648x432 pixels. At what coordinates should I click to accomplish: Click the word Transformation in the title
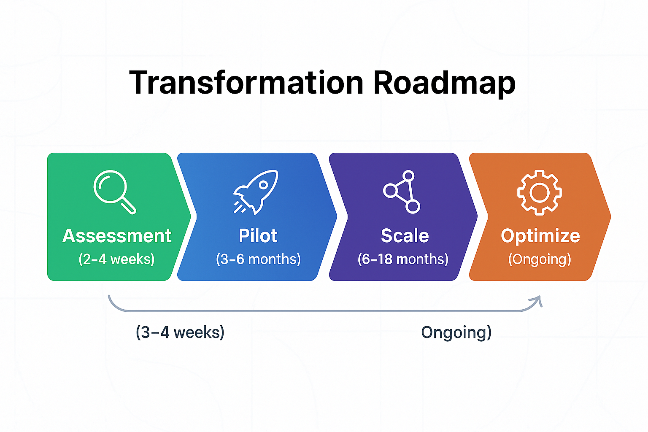tap(246, 83)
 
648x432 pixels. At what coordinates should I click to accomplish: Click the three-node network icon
tap(402, 192)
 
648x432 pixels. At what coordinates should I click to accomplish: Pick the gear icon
tap(539, 192)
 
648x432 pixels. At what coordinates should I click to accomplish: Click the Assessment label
tap(117, 236)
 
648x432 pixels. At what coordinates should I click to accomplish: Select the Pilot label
tap(258, 236)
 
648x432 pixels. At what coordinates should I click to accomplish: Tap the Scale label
tap(405, 236)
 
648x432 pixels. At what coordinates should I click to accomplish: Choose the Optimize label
tap(540, 236)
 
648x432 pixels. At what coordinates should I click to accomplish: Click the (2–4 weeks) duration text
tap(116, 259)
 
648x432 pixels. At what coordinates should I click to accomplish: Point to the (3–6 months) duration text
tap(258, 259)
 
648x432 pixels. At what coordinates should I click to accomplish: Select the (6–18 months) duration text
tap(403, 259)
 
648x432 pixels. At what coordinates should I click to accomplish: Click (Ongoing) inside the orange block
tap(540, 259)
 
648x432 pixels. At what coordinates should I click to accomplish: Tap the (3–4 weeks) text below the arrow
tap(180, 332)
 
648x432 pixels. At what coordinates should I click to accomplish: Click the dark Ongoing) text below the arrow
tap(456, 332)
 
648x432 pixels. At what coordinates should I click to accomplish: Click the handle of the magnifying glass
tap(129, 207)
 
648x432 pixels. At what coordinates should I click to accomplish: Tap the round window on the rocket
tap(263, 185)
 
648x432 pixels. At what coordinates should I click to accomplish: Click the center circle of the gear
tap(539, 193)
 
